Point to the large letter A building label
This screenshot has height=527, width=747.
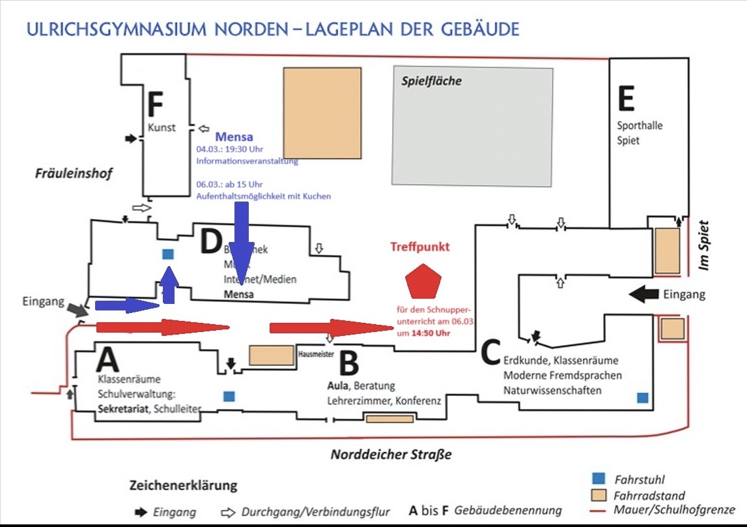coord(108,359)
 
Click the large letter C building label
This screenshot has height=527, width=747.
coord(490,352)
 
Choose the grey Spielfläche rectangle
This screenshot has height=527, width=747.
coord(472,126)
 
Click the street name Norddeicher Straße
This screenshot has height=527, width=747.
coord(391,455)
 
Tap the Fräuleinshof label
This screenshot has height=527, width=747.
coord(74,173)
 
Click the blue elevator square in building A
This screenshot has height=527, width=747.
coord(229,396)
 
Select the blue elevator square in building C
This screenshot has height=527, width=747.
coord(642,398)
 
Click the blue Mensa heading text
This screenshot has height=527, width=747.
coord(234,137)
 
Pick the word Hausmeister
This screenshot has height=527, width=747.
coord(315,355)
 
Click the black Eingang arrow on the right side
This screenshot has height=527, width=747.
coord(645,294)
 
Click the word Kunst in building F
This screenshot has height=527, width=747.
coord(162,128)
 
